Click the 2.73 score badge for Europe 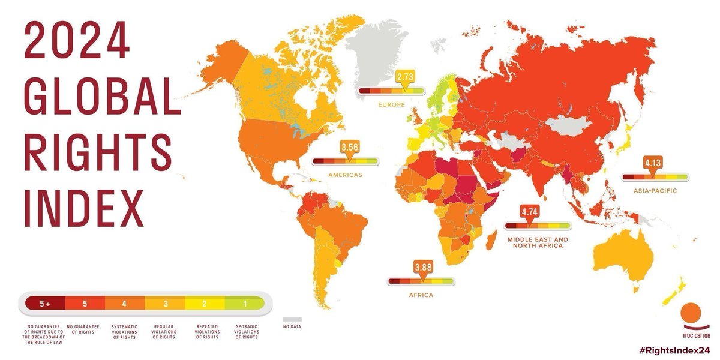point(406,77)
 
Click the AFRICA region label point(421,295)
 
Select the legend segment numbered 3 point(164,304)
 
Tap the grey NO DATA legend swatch point(292,320)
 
